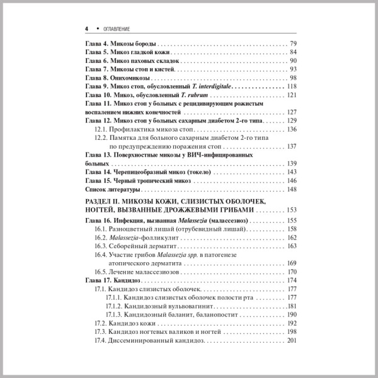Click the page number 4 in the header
(x=86, y=29)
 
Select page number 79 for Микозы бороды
(x=292, y=43)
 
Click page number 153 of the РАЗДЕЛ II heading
(x=291, y=210)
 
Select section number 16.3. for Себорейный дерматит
(x=100, y=247)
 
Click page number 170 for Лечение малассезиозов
(x=291, y=272)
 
